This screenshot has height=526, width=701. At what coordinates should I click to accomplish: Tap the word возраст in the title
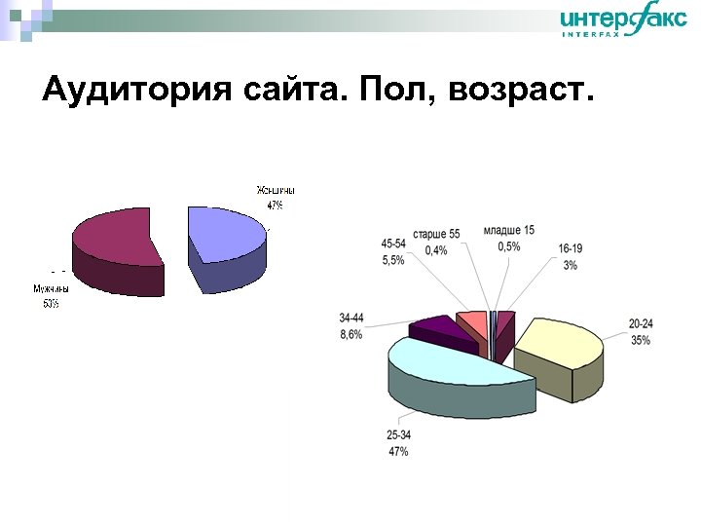coord(523,91)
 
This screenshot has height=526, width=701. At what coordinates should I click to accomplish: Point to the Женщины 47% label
coord(276,198)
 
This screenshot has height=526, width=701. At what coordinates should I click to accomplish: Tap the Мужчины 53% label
coord(51,296)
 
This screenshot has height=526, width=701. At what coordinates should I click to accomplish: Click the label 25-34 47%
coord(398,444)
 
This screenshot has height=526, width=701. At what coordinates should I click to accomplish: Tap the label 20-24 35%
coord(640,332)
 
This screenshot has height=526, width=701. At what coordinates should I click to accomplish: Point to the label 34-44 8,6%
coord(351,326)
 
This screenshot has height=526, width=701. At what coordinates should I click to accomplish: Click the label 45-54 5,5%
coord(393,252)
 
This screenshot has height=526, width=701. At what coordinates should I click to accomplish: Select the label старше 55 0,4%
coord(436,243)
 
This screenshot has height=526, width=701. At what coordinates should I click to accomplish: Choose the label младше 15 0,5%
coord(508,239)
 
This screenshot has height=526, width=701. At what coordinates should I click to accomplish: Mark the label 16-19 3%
coord(571,257)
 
